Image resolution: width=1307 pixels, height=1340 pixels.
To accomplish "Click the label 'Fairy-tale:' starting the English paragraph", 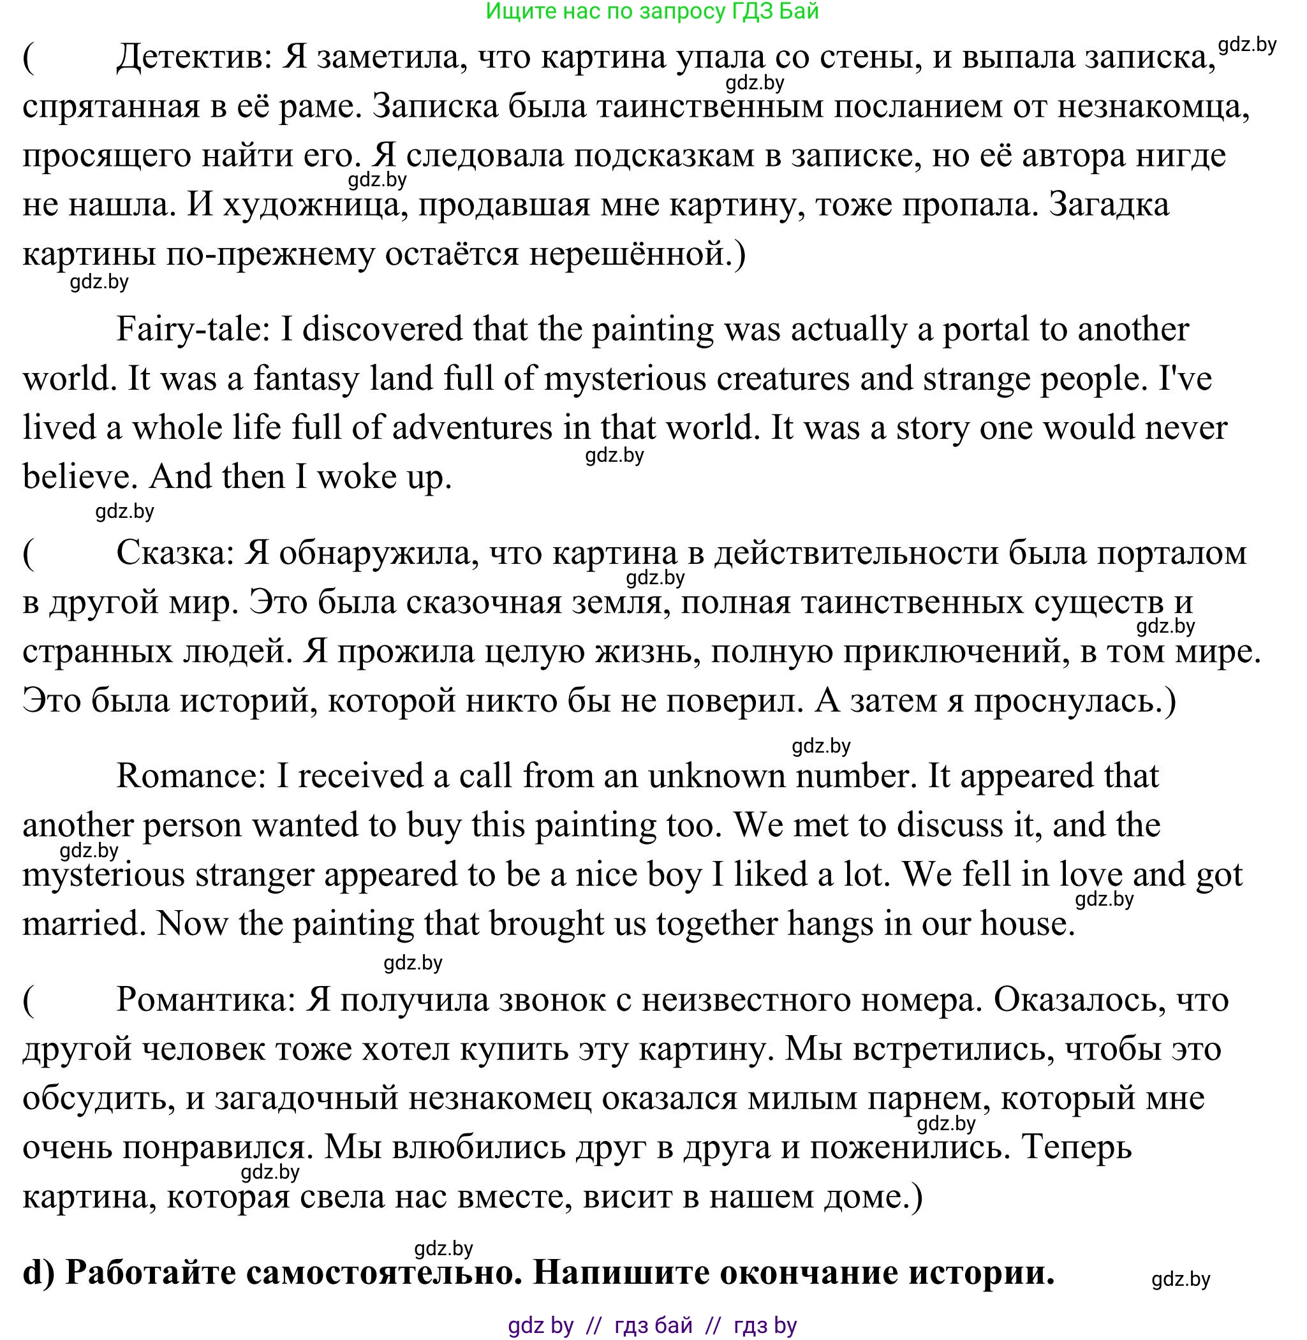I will (191, 330).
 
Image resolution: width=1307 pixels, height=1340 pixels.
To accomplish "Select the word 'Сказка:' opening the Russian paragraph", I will (175, 552).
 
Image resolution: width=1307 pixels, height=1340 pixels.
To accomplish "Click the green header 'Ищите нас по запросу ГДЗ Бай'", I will (652, 11).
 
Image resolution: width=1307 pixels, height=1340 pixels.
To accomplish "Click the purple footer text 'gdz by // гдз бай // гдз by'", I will (652, 1325).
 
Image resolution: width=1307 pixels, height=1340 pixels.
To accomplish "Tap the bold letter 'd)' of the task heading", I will (40, 1273).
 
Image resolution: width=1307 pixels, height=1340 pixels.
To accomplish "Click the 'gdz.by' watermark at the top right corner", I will (1246, 45).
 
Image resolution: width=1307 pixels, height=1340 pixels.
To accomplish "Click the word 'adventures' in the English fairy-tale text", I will (471, 429).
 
